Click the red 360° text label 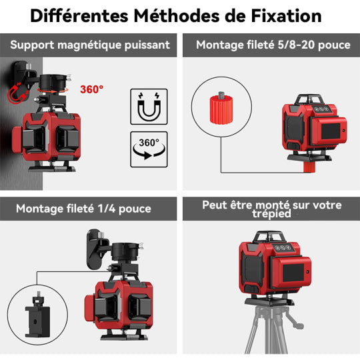(91, 89)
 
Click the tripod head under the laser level (275, 306)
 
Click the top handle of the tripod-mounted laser (275, 237)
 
